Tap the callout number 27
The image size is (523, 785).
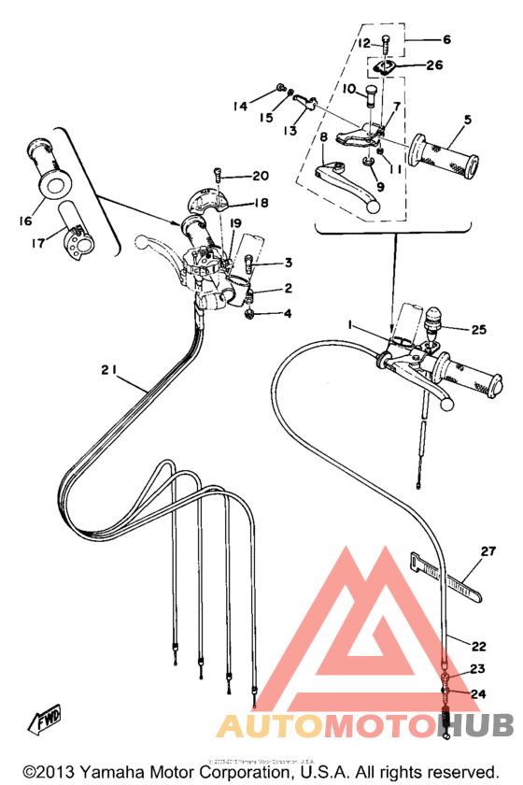point(487,551)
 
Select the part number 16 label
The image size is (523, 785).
point(24,221)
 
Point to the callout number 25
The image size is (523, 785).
point(479,330)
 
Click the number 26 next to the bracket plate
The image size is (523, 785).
point(433,65)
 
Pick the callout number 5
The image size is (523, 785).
point(467,120)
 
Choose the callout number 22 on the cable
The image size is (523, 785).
point(478,646)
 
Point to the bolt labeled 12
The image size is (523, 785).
point(386,42)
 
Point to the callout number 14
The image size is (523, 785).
point(240,107)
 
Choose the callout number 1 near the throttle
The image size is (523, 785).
point(349,324)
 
